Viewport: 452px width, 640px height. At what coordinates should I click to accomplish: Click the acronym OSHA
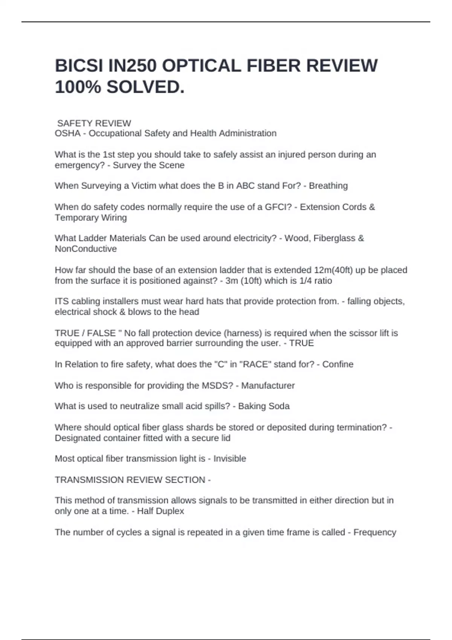(68, 133)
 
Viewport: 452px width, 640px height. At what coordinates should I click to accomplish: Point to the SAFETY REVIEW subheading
(94, 123)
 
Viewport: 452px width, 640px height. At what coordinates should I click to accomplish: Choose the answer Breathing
(328, 186)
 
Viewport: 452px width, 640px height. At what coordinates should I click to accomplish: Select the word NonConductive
(86, 249)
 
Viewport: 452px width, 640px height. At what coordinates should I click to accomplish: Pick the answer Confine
(337, 364)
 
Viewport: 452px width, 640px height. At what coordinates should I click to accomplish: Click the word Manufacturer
(268, 386)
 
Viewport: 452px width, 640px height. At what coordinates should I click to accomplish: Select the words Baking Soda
(264, 406)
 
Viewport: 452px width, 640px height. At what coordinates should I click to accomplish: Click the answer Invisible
(229, 459)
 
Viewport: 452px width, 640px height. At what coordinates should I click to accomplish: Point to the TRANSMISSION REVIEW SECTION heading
(130, 480)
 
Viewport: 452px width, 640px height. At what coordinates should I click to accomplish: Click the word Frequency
(374, 532)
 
